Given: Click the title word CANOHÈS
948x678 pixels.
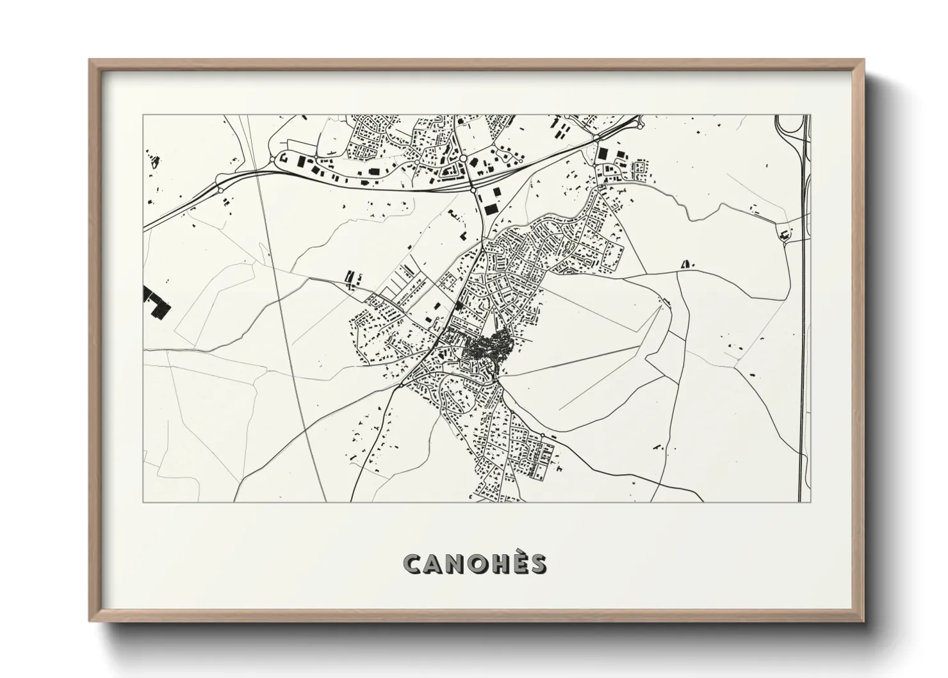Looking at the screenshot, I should click(475, 564).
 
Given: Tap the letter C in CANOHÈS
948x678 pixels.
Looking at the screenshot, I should click(413, 564).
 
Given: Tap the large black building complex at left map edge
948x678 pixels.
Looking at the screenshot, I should click(157, 302).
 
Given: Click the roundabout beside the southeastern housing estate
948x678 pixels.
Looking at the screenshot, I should click(543, 436).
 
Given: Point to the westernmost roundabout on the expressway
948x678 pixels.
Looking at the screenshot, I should click(220, 190).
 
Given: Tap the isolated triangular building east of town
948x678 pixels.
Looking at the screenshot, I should click(687, 263).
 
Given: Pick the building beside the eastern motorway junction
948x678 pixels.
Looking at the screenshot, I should click(783, 235).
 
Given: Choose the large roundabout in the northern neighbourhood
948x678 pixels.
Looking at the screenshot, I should click(462, 158).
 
